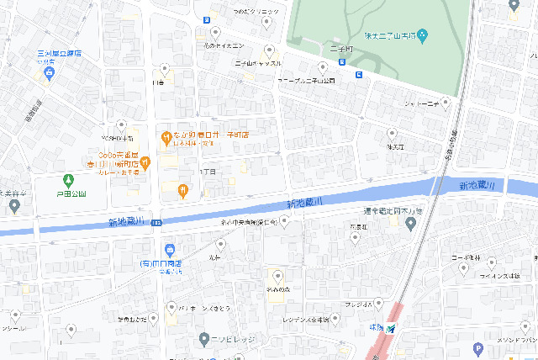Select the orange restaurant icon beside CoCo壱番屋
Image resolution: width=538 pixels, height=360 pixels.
[145, 161]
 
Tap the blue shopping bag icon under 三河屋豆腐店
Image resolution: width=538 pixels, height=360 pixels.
[50, 75]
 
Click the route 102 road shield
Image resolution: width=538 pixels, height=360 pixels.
[157, 221]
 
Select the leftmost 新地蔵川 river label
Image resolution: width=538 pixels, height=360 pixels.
[126, 222]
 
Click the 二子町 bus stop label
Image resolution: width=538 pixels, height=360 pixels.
[340, 50]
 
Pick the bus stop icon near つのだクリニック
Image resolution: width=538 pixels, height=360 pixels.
[207, 19]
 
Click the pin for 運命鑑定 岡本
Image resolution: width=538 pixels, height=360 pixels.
[410, 224]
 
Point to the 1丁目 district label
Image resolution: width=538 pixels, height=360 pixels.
[207, 171]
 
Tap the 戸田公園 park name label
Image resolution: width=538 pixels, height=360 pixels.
[70, 193]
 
